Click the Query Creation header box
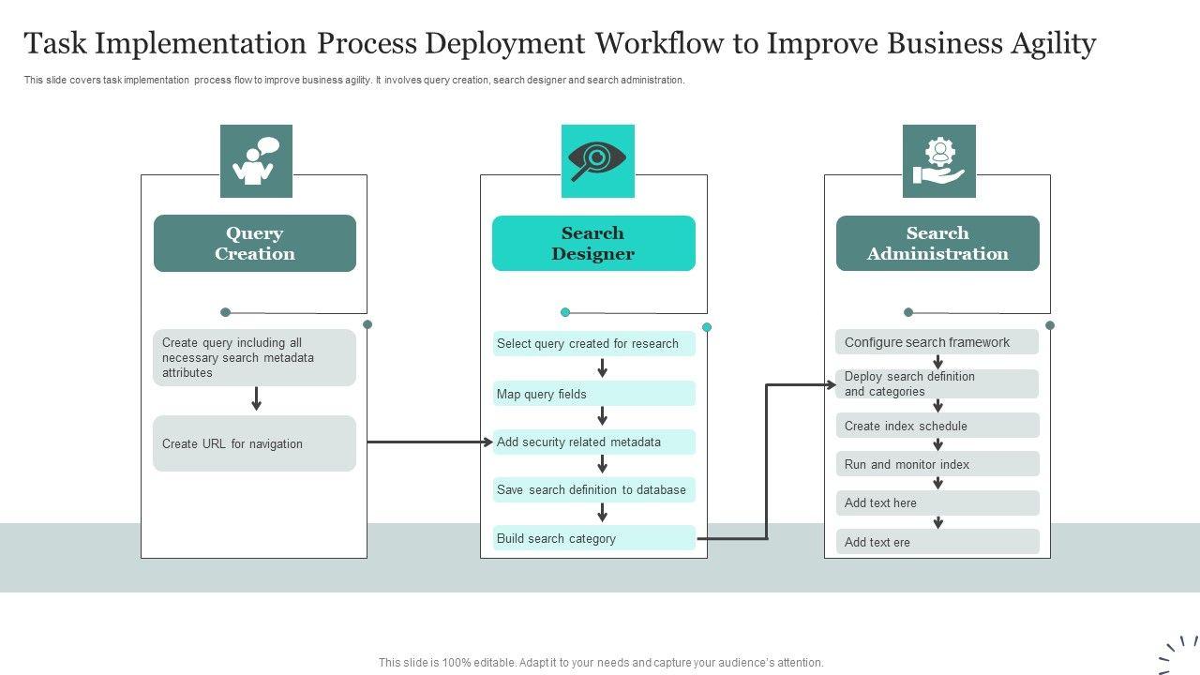[x=255, y=243]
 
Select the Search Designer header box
[x=593, y=243]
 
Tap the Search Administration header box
[x=937, y=243]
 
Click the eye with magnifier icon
[x=597, y=161]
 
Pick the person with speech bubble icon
[x=256, y=161]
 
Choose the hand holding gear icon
[x=939, y=161]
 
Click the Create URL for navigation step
[x=254, y=443]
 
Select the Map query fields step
[x=594, y=394]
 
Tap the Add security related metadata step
[x=594, y=442]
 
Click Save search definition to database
[x=594, y=489]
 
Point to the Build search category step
[x=594, y=538]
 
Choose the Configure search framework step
[x=937, y=342]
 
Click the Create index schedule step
[x=937, y=426]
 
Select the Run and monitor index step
[x=937, y=464]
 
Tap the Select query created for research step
[x=594, y=343]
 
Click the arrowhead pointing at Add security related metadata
[x=488, y=442]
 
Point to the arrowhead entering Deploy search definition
[x=831, y=384]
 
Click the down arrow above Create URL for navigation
[x=257, y=398]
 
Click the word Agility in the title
[x=1053, y=44]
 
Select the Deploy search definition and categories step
[x=937, y=383]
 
